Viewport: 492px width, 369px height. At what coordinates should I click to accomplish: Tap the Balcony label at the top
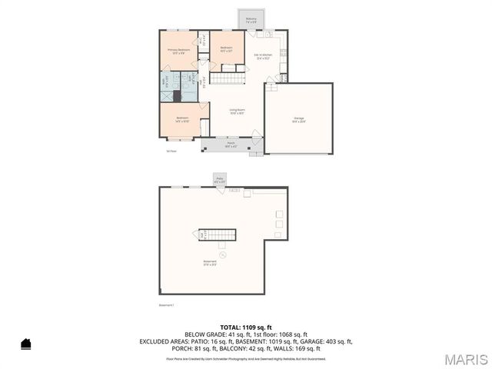coord(251,20)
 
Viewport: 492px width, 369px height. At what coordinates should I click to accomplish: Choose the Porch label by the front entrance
coord(231,144)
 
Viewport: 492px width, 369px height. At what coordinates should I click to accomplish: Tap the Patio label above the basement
coord(219,179)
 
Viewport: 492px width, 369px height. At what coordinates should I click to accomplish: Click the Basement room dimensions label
coord(210,263)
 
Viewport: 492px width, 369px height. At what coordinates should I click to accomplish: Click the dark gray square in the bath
coord(178,96)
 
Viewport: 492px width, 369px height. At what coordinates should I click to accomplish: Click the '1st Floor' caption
coord(171,151)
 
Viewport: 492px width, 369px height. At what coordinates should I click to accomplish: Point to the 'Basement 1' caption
coord(167,305)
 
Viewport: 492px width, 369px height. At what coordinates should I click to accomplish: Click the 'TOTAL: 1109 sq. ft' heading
coord(245,327)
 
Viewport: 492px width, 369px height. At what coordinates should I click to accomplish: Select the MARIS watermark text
coord(464,358)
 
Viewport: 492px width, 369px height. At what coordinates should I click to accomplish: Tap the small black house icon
coord(25,344)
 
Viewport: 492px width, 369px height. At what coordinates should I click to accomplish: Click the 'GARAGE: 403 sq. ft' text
coord(321,341)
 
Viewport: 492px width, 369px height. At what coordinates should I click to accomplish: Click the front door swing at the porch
coord(256,135)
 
